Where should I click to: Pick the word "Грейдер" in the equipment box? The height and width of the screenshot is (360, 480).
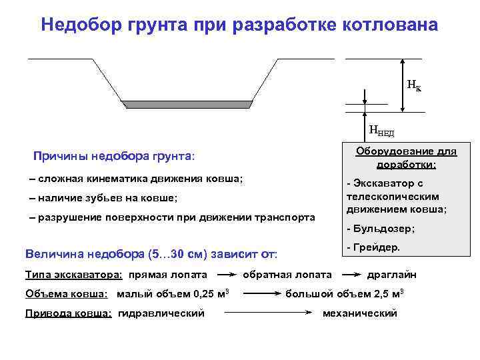pyautogui.click(x=377, y=247)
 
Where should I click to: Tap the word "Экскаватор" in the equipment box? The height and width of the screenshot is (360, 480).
pyautogui.click(x=382, y=183)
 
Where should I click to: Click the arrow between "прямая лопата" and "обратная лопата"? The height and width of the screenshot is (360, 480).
pyautogui.click(x=227, y=274)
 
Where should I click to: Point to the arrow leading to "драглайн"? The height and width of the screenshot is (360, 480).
pyautogui.click(x=350, y=274)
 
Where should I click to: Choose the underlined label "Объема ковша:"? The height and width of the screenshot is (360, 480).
pyautogui.click(x=67, y=294)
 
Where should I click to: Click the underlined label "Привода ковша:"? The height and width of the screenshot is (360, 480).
pyautogui.click(x=68, y=313)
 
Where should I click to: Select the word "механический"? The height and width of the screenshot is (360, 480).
pyautogui.click(x=359, y=313)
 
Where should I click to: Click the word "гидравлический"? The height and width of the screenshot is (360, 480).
pyautogui.click(x=161, y=313)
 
